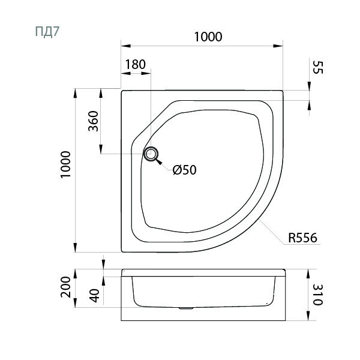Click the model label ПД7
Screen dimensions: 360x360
pyautogui.click(x=47, y=32)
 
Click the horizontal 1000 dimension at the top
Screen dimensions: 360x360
pyautogui.click(x=208, y=37)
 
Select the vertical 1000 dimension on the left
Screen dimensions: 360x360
pyautogui.click(x=65, y=164)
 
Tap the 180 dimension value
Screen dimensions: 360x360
pyautogui.click(x=136, y=65)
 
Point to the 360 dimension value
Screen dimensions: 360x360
pyautogui.click(x=93, y=121)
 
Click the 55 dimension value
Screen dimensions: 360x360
pyautogui.click(x=318, y=67)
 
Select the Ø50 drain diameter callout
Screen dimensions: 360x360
pyautogui.click(x=185, y=170)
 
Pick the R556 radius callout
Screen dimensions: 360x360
pyautogui.click(x=302, y=238)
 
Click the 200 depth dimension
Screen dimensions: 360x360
pyautogui.click(x=65, y=287)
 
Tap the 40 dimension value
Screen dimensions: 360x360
pyautogui.click(x=95, y=295)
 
